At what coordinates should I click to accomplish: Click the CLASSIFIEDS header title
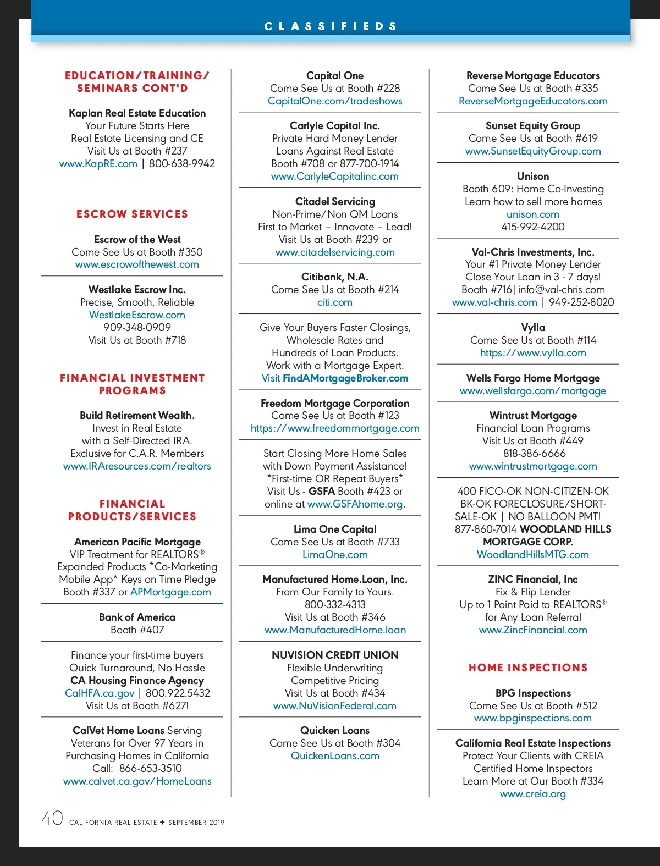pyautogui.click(x=330, y=26)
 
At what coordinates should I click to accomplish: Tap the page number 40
pyautogui.click(x=53, y=818)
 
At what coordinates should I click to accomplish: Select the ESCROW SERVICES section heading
pyautogui.click(x=132, y=214)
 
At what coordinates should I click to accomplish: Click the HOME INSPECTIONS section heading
pyautogui.click(x=528, y=668)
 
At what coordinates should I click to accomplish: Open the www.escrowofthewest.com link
pyautogui.click(x=137, y=264)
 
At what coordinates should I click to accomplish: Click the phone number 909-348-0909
pyautogui.click(x=137, y=327)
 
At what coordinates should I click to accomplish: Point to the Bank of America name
pyautogui.click(x=137, y=617)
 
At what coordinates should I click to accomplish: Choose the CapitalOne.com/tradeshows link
pyautogui.click(x=335, y=101)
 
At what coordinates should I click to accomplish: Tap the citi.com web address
pyautogui.click(x=335, y=302)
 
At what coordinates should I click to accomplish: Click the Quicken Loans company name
pyautogui.click(x=335, y=730)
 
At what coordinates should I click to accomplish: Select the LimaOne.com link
pyautogui.click(x=335, y=555)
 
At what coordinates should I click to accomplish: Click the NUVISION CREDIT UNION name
pyautogui.click(x=335, y=655)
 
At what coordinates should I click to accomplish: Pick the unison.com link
pyautogui.click(x=533, y=214)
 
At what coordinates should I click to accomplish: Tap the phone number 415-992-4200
pyautogui.click(x=533, y=227)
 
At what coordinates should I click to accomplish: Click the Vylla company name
pyautogui.click(x=533, y=328)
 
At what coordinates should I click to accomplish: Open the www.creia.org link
pyautogui.click(x=533, y=794)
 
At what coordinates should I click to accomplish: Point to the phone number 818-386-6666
pyautogui.click(x=533, y=454)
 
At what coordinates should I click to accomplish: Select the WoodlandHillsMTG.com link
pyautogui.click(x=533, y=555)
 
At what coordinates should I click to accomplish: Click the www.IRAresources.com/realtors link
pyautogui.click(x=137, y=466)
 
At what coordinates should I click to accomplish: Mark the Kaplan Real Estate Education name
pyautogui.click(x=137, y=113)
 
